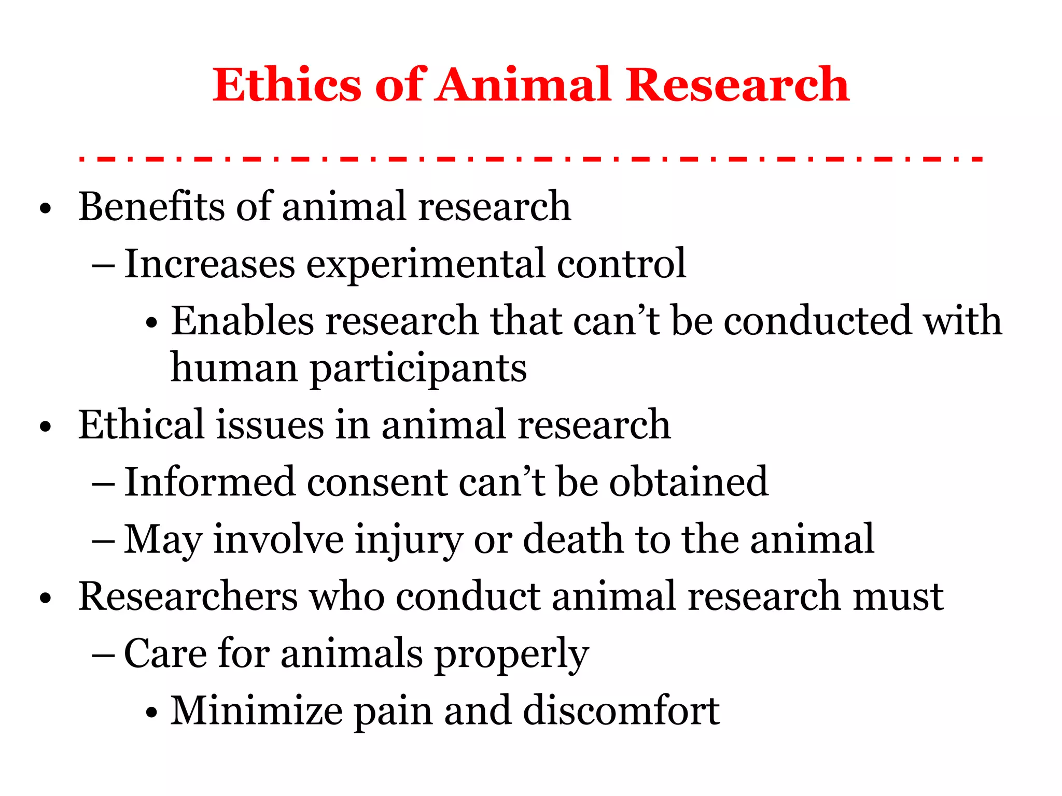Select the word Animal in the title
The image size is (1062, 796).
[x=524, y=84]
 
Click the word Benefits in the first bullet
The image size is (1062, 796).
[x=151, y=206]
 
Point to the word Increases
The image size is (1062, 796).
[x=209, y=264]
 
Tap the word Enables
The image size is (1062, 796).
[x=243, y=321]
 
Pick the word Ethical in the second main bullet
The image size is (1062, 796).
[x=141, y=424]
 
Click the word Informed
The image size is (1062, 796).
[x=209, y=482]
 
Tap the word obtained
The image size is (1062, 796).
[x=689, y=482]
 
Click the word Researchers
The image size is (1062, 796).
[x=188, y=596]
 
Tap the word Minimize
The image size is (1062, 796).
[x=257, y=710]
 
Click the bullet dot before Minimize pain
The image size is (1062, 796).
[x=151, y=713]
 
